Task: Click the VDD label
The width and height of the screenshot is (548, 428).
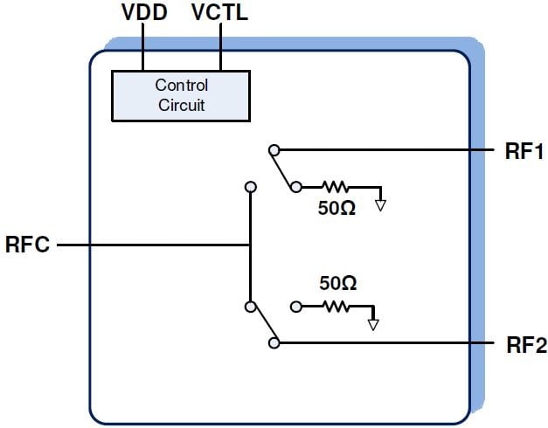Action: [142, 14]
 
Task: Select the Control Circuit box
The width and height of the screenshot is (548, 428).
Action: [181, 95]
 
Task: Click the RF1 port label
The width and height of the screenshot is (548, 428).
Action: [524, 152]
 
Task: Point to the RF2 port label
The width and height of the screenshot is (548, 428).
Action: [526, 345]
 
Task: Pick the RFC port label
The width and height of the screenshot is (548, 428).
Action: [29, 245]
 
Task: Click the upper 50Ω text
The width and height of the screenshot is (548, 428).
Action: [336, 210]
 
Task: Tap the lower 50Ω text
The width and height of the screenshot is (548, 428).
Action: [337, 283]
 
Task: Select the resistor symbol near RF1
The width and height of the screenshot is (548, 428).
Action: [335, 187]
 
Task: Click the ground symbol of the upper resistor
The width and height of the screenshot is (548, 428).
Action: [380, 206]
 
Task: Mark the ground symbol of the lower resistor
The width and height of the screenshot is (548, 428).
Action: [373, 325]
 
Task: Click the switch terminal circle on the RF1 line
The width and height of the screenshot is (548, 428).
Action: [274, 150]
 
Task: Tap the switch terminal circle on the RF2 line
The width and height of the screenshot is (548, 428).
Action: [274, 344]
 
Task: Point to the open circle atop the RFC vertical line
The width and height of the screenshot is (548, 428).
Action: [251, 187]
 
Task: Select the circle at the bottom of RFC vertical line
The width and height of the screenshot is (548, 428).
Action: [251, 307]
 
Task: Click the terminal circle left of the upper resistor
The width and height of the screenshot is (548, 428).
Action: [296, 187]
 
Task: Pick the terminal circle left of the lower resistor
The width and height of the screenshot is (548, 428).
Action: [296, 307]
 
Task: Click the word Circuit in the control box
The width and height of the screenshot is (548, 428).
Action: [181, 106]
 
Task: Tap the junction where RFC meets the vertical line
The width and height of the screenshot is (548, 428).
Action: [251, 245]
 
